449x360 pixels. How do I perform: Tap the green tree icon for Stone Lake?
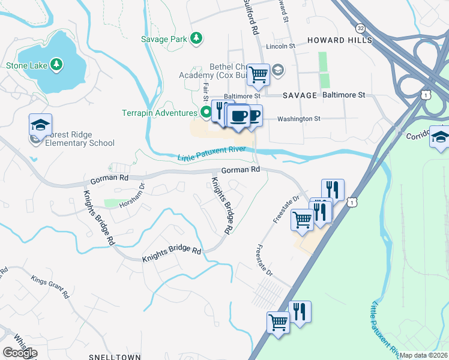(x=56, y=64)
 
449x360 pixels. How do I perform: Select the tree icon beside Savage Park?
(x=196, y=38)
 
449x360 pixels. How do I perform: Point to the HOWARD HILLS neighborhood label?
(x=340, y=40)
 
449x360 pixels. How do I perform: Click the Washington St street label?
(x=298, y=119)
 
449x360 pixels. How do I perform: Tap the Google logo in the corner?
(x=19, y=352)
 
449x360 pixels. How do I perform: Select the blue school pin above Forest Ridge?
(x=40, y=125)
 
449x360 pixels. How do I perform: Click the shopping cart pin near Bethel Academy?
(x=258, y=75)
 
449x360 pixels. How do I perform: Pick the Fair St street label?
(x=205, y=91)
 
